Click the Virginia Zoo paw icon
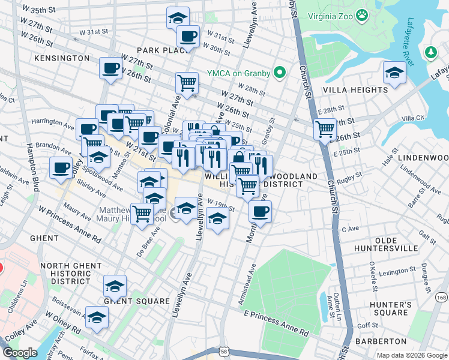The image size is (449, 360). coord(362,14)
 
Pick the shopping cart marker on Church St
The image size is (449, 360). coord(325,128)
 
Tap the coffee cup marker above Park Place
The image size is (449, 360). coord(188,36)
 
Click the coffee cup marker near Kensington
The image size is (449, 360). coord(110,68)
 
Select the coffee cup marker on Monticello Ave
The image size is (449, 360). coord(260,211)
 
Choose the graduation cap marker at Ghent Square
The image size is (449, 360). coord(115,286)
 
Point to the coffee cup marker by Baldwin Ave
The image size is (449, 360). coord(61,169)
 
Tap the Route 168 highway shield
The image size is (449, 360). coord(442,298)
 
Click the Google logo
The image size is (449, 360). coord(20,353)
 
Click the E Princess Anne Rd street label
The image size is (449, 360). coord(276,322)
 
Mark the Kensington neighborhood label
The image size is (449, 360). coord(62,58)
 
